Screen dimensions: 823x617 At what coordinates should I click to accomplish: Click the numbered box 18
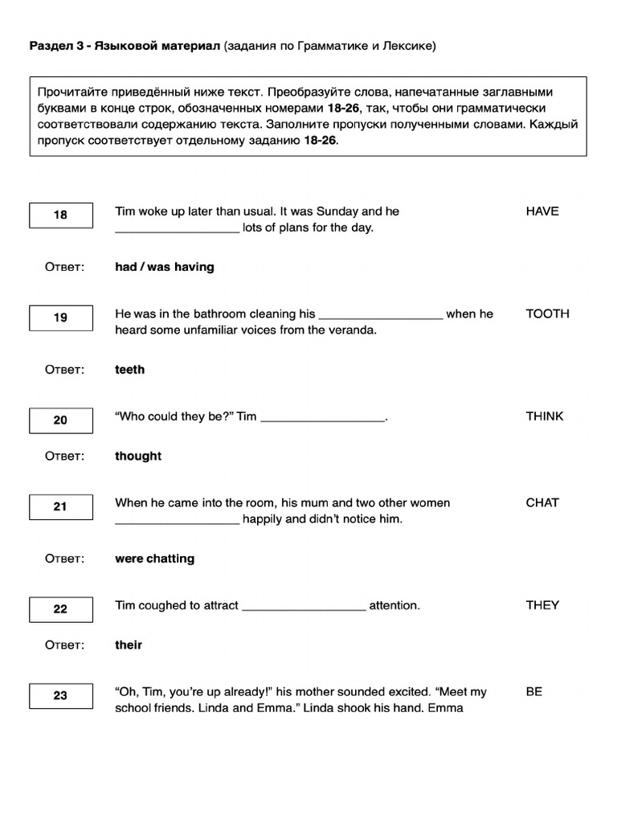pyautogui.click(x=61, y=215)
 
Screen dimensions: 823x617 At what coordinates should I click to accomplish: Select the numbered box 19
pyautogui.click(x=61, y=317)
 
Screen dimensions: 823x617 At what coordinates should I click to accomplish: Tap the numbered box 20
pyautogui.click(x=61, y=420)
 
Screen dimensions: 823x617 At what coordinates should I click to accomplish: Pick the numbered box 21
pyautogui.click(x=61, y=507)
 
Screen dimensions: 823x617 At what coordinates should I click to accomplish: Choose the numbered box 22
pyautogui.click(x=61, y=609)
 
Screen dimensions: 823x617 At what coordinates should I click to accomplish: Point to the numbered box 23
pyautogui.click(x=61, y=696)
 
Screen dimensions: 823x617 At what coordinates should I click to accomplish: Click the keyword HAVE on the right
pyautogui.click(x=542, y=211)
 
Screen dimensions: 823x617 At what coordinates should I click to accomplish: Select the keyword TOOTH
pyautogui.click(x=547, y=314)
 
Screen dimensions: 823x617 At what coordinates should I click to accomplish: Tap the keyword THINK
pyautogui.click(x=545, y=416)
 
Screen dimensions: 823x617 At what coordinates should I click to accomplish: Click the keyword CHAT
pyautogui.click(x=542, y=503)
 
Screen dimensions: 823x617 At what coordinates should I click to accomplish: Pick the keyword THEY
pyautogui.click(x=542, y=605)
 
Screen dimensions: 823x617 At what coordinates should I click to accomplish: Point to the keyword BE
pyautogui.click(x=534, y=692)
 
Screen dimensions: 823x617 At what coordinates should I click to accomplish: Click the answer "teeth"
pyautogui.click(x=130, y=370)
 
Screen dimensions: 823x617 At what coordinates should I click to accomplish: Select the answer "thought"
pyautogui.click(x=138, y=457)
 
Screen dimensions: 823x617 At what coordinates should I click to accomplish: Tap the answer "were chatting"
pyautogui.click(x=155, y=559)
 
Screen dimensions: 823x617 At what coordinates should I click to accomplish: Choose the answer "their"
pyautogui.click(x=129, y=645)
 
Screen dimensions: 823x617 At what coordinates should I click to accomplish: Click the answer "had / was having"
pyautogui.click(x=165, y=267)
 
